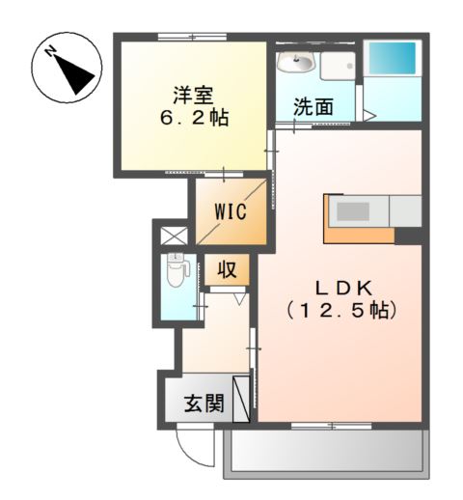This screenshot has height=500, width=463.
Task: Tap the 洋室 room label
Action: coord(189,95)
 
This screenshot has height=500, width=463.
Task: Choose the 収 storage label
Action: coord(228,269)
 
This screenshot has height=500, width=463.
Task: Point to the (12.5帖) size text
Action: coord(341,313)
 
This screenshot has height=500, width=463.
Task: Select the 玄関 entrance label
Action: coord(203,403)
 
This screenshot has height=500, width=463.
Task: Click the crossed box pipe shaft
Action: coord(171,235)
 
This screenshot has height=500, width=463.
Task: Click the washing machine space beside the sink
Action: coord(339,68)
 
